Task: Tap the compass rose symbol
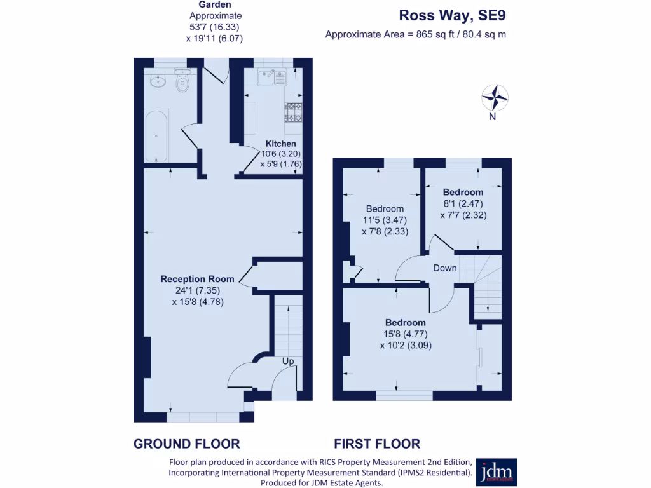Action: pos(495,98)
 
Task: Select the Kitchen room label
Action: pos(280,144)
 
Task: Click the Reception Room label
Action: pos(197,279)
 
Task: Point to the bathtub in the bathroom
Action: pos(156,136)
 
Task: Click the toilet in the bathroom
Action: pos(182,83)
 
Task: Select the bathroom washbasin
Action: pos(158,81)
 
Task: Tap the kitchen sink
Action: pos(273,78)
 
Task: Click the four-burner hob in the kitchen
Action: pos(293,112)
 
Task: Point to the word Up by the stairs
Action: pos(288,361)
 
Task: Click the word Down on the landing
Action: pos(445,268)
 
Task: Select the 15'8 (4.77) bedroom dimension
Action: pos(405,334)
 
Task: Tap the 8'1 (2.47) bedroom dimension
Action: pos(463,204)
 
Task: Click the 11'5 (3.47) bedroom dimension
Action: pos(385,220)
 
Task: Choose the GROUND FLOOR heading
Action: pos(186,444)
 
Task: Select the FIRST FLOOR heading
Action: pos(377,444)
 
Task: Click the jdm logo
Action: pos(496,472)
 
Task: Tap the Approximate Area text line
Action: pos(415,34)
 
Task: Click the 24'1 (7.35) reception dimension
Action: pos(197,290)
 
